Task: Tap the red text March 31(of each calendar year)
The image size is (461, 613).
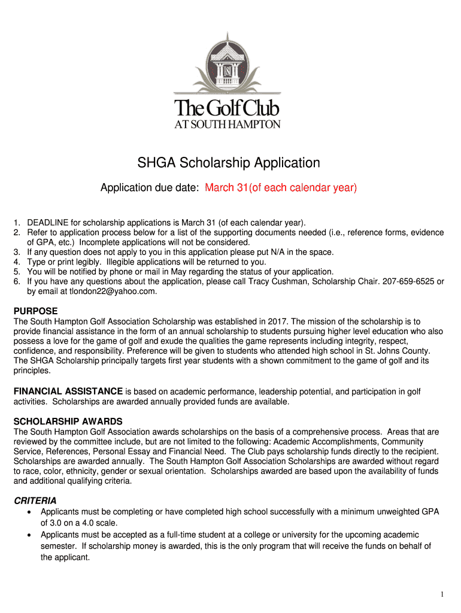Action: tap(281, 188)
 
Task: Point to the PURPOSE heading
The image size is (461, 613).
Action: tap(36, 311)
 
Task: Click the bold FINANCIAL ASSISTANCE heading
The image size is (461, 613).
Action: tap(68, 392)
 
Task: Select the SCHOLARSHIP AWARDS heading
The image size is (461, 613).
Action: tap(68, 421)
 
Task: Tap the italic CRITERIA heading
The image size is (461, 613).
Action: tap(35, 500)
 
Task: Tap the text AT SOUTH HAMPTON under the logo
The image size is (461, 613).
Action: tap(227, 125)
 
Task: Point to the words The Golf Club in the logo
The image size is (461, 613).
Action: tap(227, 110)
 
